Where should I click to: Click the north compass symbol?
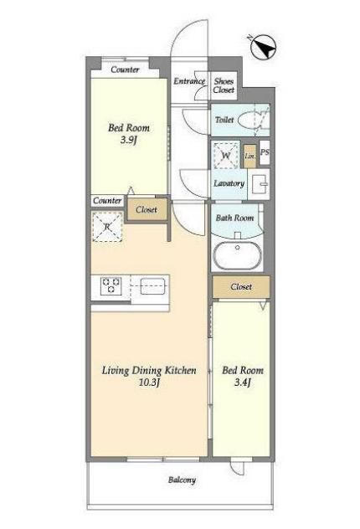(x=264, y=47)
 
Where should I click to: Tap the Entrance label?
(x=189, y=81)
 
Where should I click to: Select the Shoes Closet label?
(x=224, y=85)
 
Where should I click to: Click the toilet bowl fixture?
(x=253, y=120)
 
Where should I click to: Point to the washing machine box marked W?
(x=225, y=155)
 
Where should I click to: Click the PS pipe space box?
(x=265, y=152)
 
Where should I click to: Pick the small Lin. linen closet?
(x=249, y=156)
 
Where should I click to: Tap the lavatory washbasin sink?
(x=260, y=184)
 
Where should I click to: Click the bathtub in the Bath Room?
(x=238, y=256)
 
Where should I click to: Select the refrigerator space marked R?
(x=107, y=227)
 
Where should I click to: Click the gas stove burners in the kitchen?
(x=111, y=285)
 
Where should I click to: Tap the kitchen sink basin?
(x=152, y=286)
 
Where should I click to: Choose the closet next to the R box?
(x=147, y=209)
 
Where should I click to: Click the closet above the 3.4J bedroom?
(x=241, y=287)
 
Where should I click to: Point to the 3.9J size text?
(x=128, y=140)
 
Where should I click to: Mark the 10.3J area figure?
(x=149, y=383)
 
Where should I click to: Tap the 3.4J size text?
(x=243, y=383)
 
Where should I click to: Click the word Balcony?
(x=182, y=480)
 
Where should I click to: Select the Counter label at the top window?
(x=125, y=69)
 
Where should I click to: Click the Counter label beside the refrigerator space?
(x=107, y=200)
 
